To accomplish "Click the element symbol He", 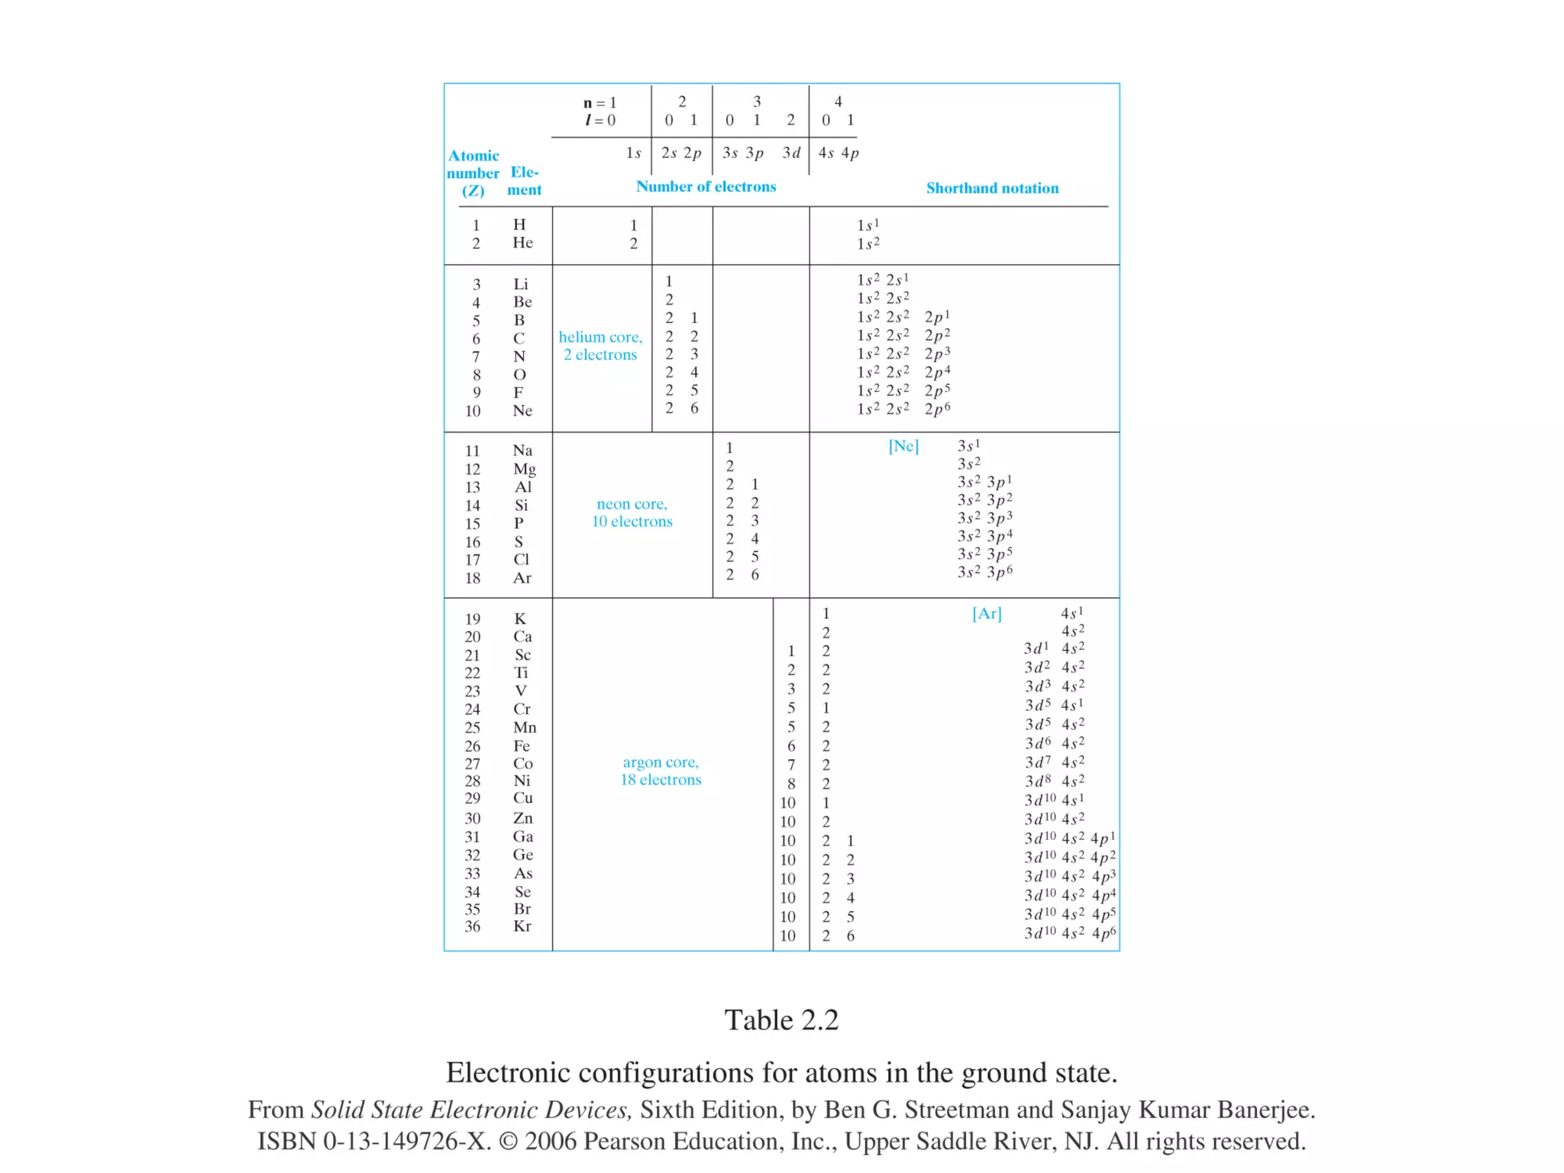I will coord(522,243).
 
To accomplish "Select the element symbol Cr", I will coord(522,709).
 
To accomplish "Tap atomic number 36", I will coord(473,926).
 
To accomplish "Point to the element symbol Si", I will coord(521,505).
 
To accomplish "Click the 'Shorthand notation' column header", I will coord(992,188).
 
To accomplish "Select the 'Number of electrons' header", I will coord(706,186).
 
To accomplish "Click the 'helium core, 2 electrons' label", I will coord(600,345).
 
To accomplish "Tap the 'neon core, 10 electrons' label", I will coord(632,512).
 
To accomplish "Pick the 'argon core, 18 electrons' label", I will coord(661,771).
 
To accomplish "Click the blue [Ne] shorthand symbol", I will coord(903,446).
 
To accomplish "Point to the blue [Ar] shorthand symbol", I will coord(987,613).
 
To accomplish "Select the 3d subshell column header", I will coord(791,153).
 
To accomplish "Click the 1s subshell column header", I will coord(633,153).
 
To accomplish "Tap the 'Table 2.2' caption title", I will coord(781,1020).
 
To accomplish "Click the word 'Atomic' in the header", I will coord(473,156).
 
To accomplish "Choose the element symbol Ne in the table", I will coord(522,411).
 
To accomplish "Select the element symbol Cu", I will coord(522,798).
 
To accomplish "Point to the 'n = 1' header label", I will coord(600,102).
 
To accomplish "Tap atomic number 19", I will coord(473,619).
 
